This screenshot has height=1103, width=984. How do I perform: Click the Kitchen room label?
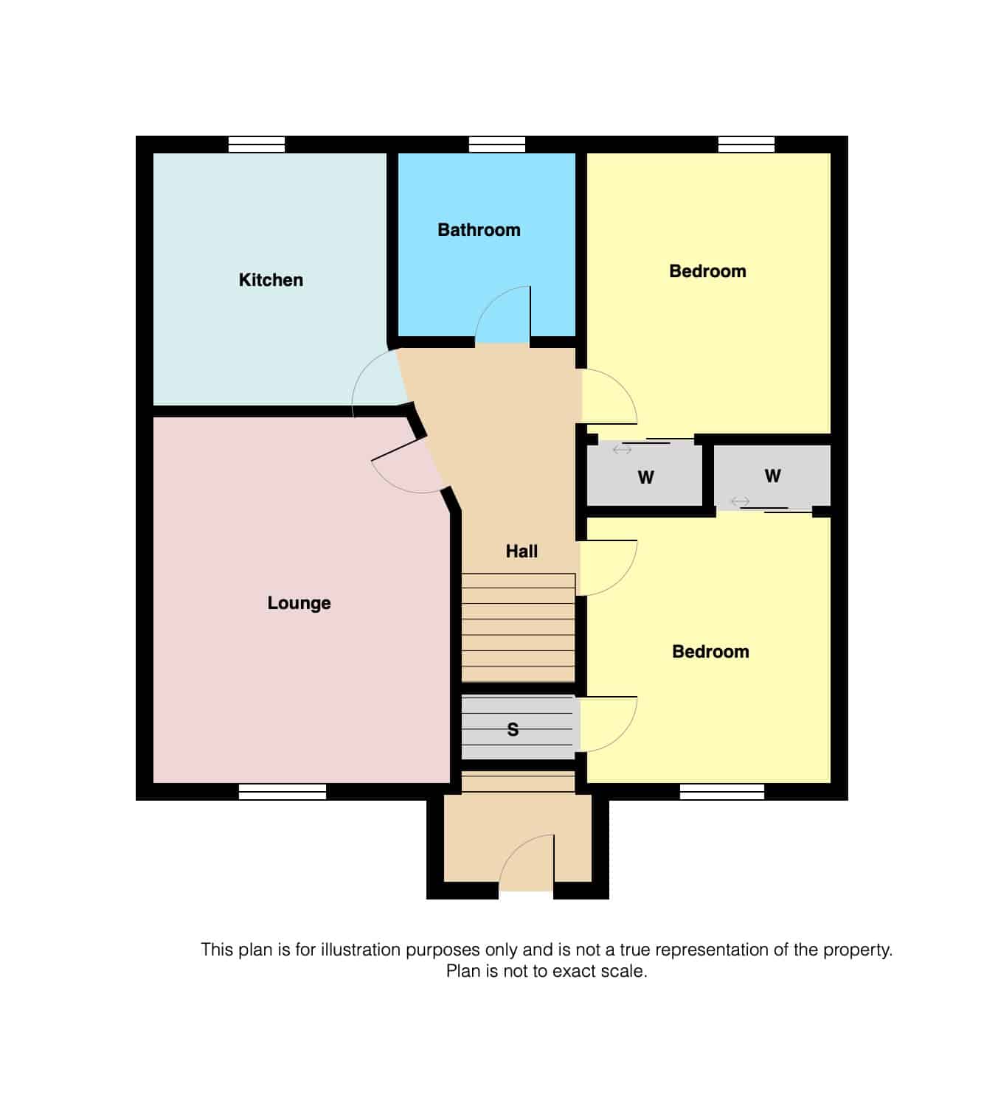[271, 280]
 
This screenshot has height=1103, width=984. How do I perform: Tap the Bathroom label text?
[479, 230]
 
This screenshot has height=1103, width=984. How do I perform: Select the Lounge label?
[299, 603]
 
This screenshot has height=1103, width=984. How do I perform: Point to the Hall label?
[522, 551]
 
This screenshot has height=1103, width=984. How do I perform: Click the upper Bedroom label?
[707, 271]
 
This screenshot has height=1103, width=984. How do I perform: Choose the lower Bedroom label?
[710, 652]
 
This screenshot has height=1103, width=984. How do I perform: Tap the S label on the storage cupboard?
[513, 730]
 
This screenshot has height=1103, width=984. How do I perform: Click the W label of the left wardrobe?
[645, 478]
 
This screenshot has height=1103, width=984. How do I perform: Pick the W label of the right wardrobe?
[772, 476]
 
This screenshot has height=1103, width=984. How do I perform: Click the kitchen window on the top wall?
[256, 145]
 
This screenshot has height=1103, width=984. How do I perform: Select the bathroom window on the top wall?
[496, 145]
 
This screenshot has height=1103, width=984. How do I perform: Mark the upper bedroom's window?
[746, 145]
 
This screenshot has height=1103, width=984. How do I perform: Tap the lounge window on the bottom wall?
[282, 792]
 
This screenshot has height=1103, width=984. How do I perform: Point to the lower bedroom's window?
[721, 792]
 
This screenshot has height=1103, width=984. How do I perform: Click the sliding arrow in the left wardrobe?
[622, 449]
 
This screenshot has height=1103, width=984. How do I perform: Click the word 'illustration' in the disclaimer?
[360, 950]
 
